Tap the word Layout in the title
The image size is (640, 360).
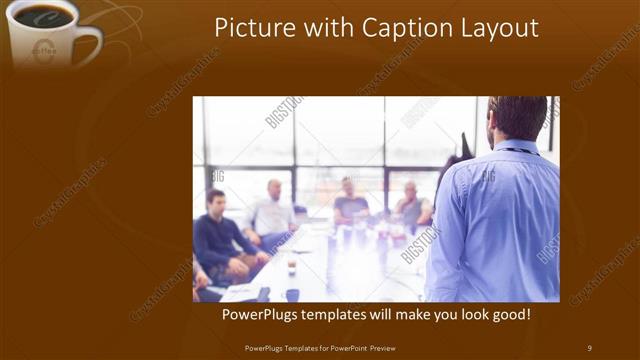(497, 28)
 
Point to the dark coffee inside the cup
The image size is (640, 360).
(42, 16)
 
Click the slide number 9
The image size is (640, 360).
(589, 347)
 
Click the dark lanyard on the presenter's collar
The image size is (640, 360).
(521, 151)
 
